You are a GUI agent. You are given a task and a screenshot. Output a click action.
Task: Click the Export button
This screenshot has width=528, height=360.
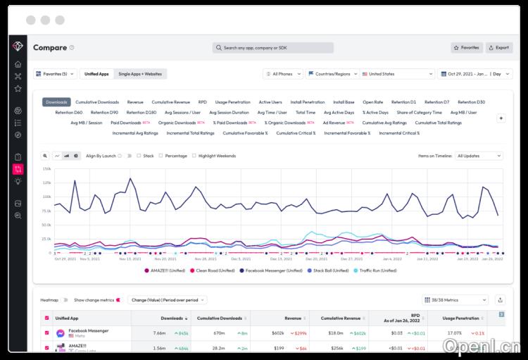[x=499, y=48]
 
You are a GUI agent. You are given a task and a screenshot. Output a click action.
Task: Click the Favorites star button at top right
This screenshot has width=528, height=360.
[x=467, y=48]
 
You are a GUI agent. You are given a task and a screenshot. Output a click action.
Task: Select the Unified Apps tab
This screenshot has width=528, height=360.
[x=96, y=74]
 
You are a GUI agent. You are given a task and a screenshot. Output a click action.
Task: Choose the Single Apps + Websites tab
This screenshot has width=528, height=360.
[x=139, y=74]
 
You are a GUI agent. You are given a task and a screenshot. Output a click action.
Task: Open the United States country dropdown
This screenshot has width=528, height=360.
[x=398, y=74]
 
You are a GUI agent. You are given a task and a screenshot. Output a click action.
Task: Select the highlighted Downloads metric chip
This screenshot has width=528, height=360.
[x=56, y=102]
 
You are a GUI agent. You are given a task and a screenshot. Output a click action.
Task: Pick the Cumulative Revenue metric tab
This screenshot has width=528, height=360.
[x=170, y=102]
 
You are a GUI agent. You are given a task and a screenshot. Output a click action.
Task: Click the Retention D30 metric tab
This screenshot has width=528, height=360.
[x=471, y=102]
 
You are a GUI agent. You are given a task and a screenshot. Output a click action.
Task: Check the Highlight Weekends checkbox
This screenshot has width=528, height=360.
[x=194, y=156]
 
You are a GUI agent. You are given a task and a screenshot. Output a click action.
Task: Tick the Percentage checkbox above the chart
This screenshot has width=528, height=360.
[x=161, y=156]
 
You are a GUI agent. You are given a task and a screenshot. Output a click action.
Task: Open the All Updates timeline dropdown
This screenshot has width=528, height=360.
[x=479, y=156]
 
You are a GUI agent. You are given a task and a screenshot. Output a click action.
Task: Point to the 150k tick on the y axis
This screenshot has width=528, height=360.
[x=46, y=169]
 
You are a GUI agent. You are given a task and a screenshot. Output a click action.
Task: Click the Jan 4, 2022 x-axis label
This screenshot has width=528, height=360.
[x=392, y=259]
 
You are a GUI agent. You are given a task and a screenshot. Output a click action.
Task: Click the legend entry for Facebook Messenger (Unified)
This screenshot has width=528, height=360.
[x=275, y=271]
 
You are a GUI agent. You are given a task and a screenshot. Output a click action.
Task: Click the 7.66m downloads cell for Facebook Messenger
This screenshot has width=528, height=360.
[x=159, y=333]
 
